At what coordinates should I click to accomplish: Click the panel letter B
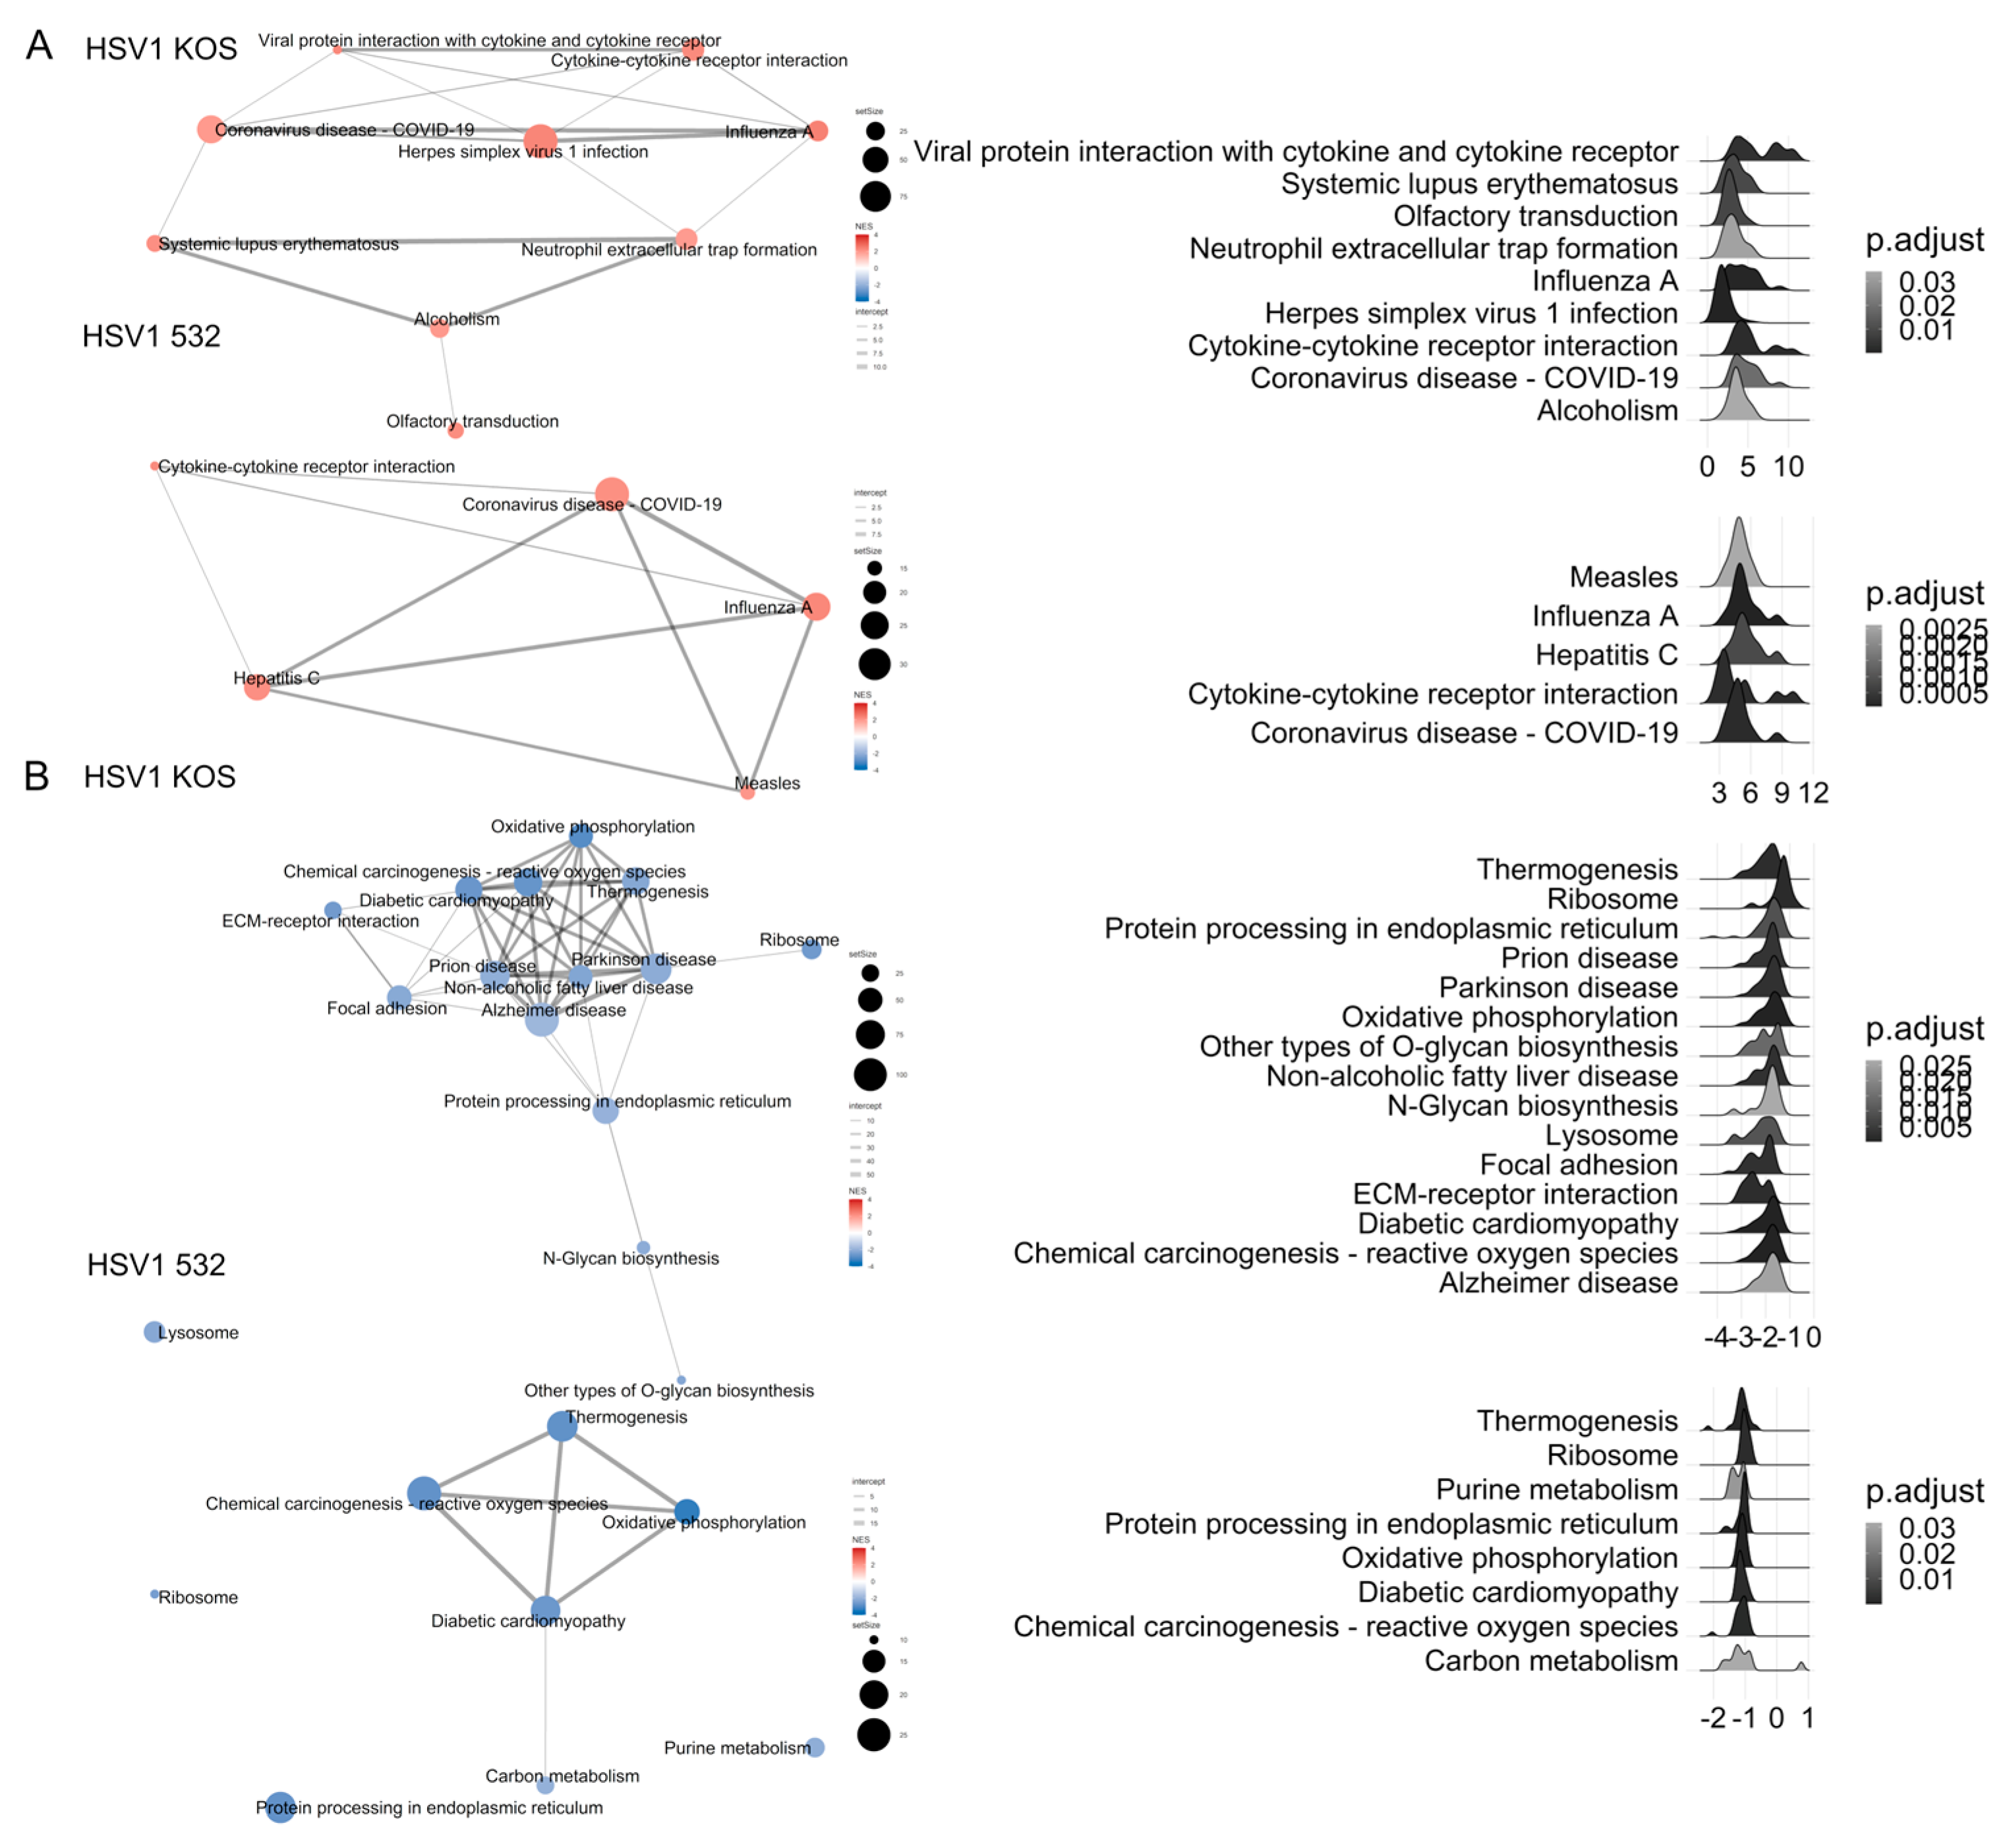pos(37,775)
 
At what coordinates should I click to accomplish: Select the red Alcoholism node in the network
pos(440,327)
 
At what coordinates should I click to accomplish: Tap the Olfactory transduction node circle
pos(455,431)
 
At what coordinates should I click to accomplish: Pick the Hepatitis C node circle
pos(257,686)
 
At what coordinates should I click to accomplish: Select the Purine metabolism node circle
pos(815,1747)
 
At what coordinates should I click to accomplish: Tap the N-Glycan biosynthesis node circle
pos(643,1248)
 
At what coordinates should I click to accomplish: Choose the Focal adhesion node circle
pos(399,997)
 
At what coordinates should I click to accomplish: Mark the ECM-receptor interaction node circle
pos(333,910)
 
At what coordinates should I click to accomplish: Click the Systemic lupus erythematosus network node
pos(154,243)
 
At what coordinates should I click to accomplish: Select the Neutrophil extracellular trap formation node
pos(686,239)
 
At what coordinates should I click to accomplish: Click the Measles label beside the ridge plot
pos(1623,577)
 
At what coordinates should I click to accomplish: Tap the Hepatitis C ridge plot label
pos(1606,655)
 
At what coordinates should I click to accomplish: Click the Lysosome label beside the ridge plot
pos(1611,1135)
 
